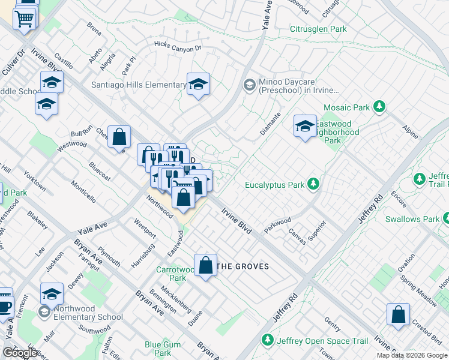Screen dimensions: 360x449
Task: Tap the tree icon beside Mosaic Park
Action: (379, 107)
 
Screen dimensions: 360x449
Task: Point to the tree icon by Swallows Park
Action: (445, 218)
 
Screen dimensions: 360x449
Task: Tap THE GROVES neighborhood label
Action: (243, 266)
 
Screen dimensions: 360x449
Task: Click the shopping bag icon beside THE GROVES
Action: (205, 265)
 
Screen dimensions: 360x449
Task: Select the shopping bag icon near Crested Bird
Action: (398, 314)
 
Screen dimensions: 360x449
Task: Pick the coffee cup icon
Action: (5, 305)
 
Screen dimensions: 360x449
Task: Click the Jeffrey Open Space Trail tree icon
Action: (267, 341)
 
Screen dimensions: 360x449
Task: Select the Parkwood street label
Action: (277, 224)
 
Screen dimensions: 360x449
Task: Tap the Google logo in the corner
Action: (20, 353)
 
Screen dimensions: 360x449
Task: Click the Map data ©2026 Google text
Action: (412, 355)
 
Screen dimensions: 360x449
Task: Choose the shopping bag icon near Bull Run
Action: (119, 136)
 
